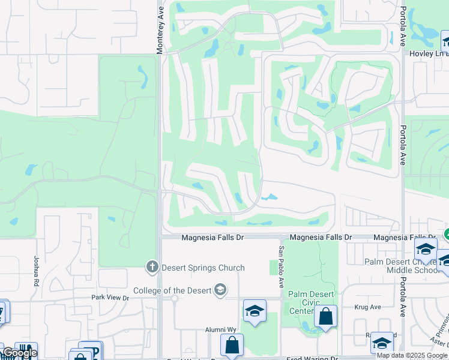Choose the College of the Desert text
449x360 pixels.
172,290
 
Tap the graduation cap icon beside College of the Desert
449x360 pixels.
220,290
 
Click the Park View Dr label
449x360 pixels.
110,298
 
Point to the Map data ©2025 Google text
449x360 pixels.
412,355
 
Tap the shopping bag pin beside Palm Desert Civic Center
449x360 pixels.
325,316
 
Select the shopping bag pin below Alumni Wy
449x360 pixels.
232,345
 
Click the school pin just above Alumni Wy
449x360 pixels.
255,311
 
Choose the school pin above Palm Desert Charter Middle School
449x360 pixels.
425,248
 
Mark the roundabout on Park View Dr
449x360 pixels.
174,298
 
